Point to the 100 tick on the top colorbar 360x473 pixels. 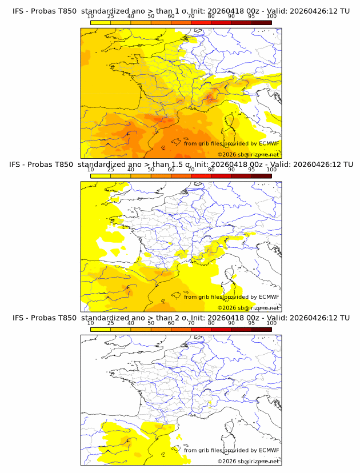point(271,17)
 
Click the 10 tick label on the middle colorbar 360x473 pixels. point(90,170)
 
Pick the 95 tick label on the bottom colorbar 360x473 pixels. point(251,323)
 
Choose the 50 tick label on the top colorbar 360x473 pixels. point(151,17)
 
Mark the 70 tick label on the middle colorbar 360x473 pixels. point(191,170)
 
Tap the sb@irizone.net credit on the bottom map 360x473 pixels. point(259,460)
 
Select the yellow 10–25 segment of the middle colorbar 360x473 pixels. point(101,175)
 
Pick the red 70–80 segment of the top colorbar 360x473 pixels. point(201,22)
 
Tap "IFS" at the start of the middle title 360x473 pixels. point(18,165)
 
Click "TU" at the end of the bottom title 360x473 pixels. point(345,318)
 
